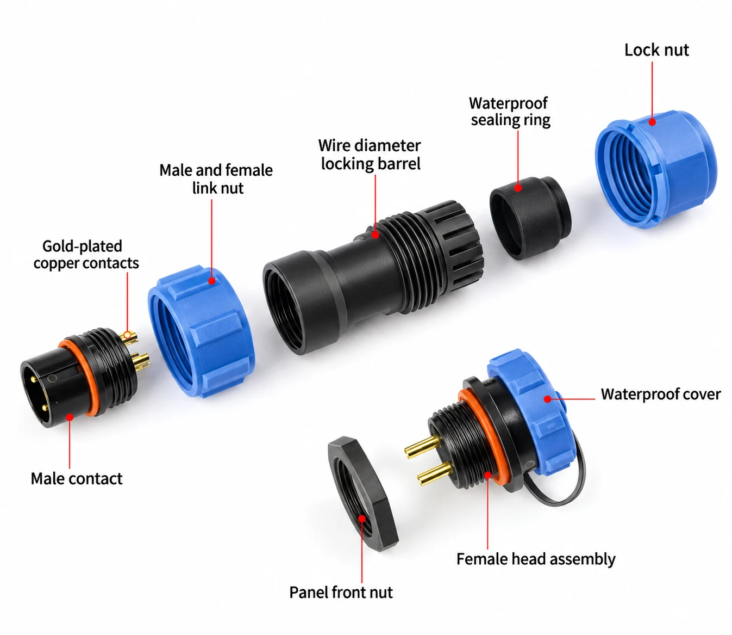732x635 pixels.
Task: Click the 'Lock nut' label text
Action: [656, 50]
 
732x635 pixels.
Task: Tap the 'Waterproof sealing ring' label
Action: [510, 112]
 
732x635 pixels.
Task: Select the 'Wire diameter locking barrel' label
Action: [370, 155]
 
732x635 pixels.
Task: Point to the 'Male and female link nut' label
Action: [216, 179]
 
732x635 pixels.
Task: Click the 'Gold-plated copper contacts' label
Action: [86, 255]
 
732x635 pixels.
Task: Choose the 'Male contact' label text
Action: [77, 479]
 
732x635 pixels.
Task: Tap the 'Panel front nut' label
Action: [341, 592]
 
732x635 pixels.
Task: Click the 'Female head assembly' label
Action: [536, 559]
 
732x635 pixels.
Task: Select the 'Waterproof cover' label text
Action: [661, 394]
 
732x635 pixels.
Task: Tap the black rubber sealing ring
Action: [530, 218]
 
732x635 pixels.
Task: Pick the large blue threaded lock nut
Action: [655, 169]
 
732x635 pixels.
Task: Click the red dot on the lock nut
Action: [652, 122]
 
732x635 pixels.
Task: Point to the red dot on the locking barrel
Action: [375, 235]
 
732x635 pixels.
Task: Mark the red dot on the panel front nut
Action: [361, 519]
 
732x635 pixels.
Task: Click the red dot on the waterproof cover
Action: [547, 399]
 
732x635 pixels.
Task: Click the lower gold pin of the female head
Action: [435, 474]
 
